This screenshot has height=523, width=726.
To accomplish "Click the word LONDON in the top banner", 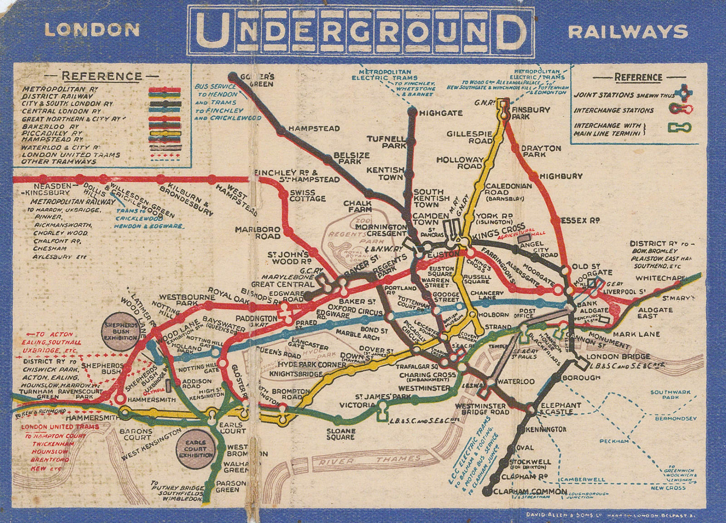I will coord(92,30).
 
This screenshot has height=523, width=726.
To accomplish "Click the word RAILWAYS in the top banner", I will coord(628,32).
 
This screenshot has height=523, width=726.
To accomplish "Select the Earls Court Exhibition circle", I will coord(195,449).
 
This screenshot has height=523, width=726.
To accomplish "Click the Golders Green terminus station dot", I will coord(233,76).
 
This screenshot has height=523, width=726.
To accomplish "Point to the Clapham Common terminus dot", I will coord(487,491).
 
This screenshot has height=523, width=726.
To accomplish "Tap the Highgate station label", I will coord(440,113).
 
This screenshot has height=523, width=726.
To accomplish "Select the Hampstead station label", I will coord(314,128).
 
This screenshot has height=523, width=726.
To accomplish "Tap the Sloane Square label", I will coord(340,434).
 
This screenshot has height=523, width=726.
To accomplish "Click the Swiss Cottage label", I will coord(308,196).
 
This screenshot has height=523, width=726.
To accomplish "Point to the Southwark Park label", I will coord(664,395).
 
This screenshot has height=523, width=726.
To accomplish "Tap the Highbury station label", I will coord(561,176).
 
